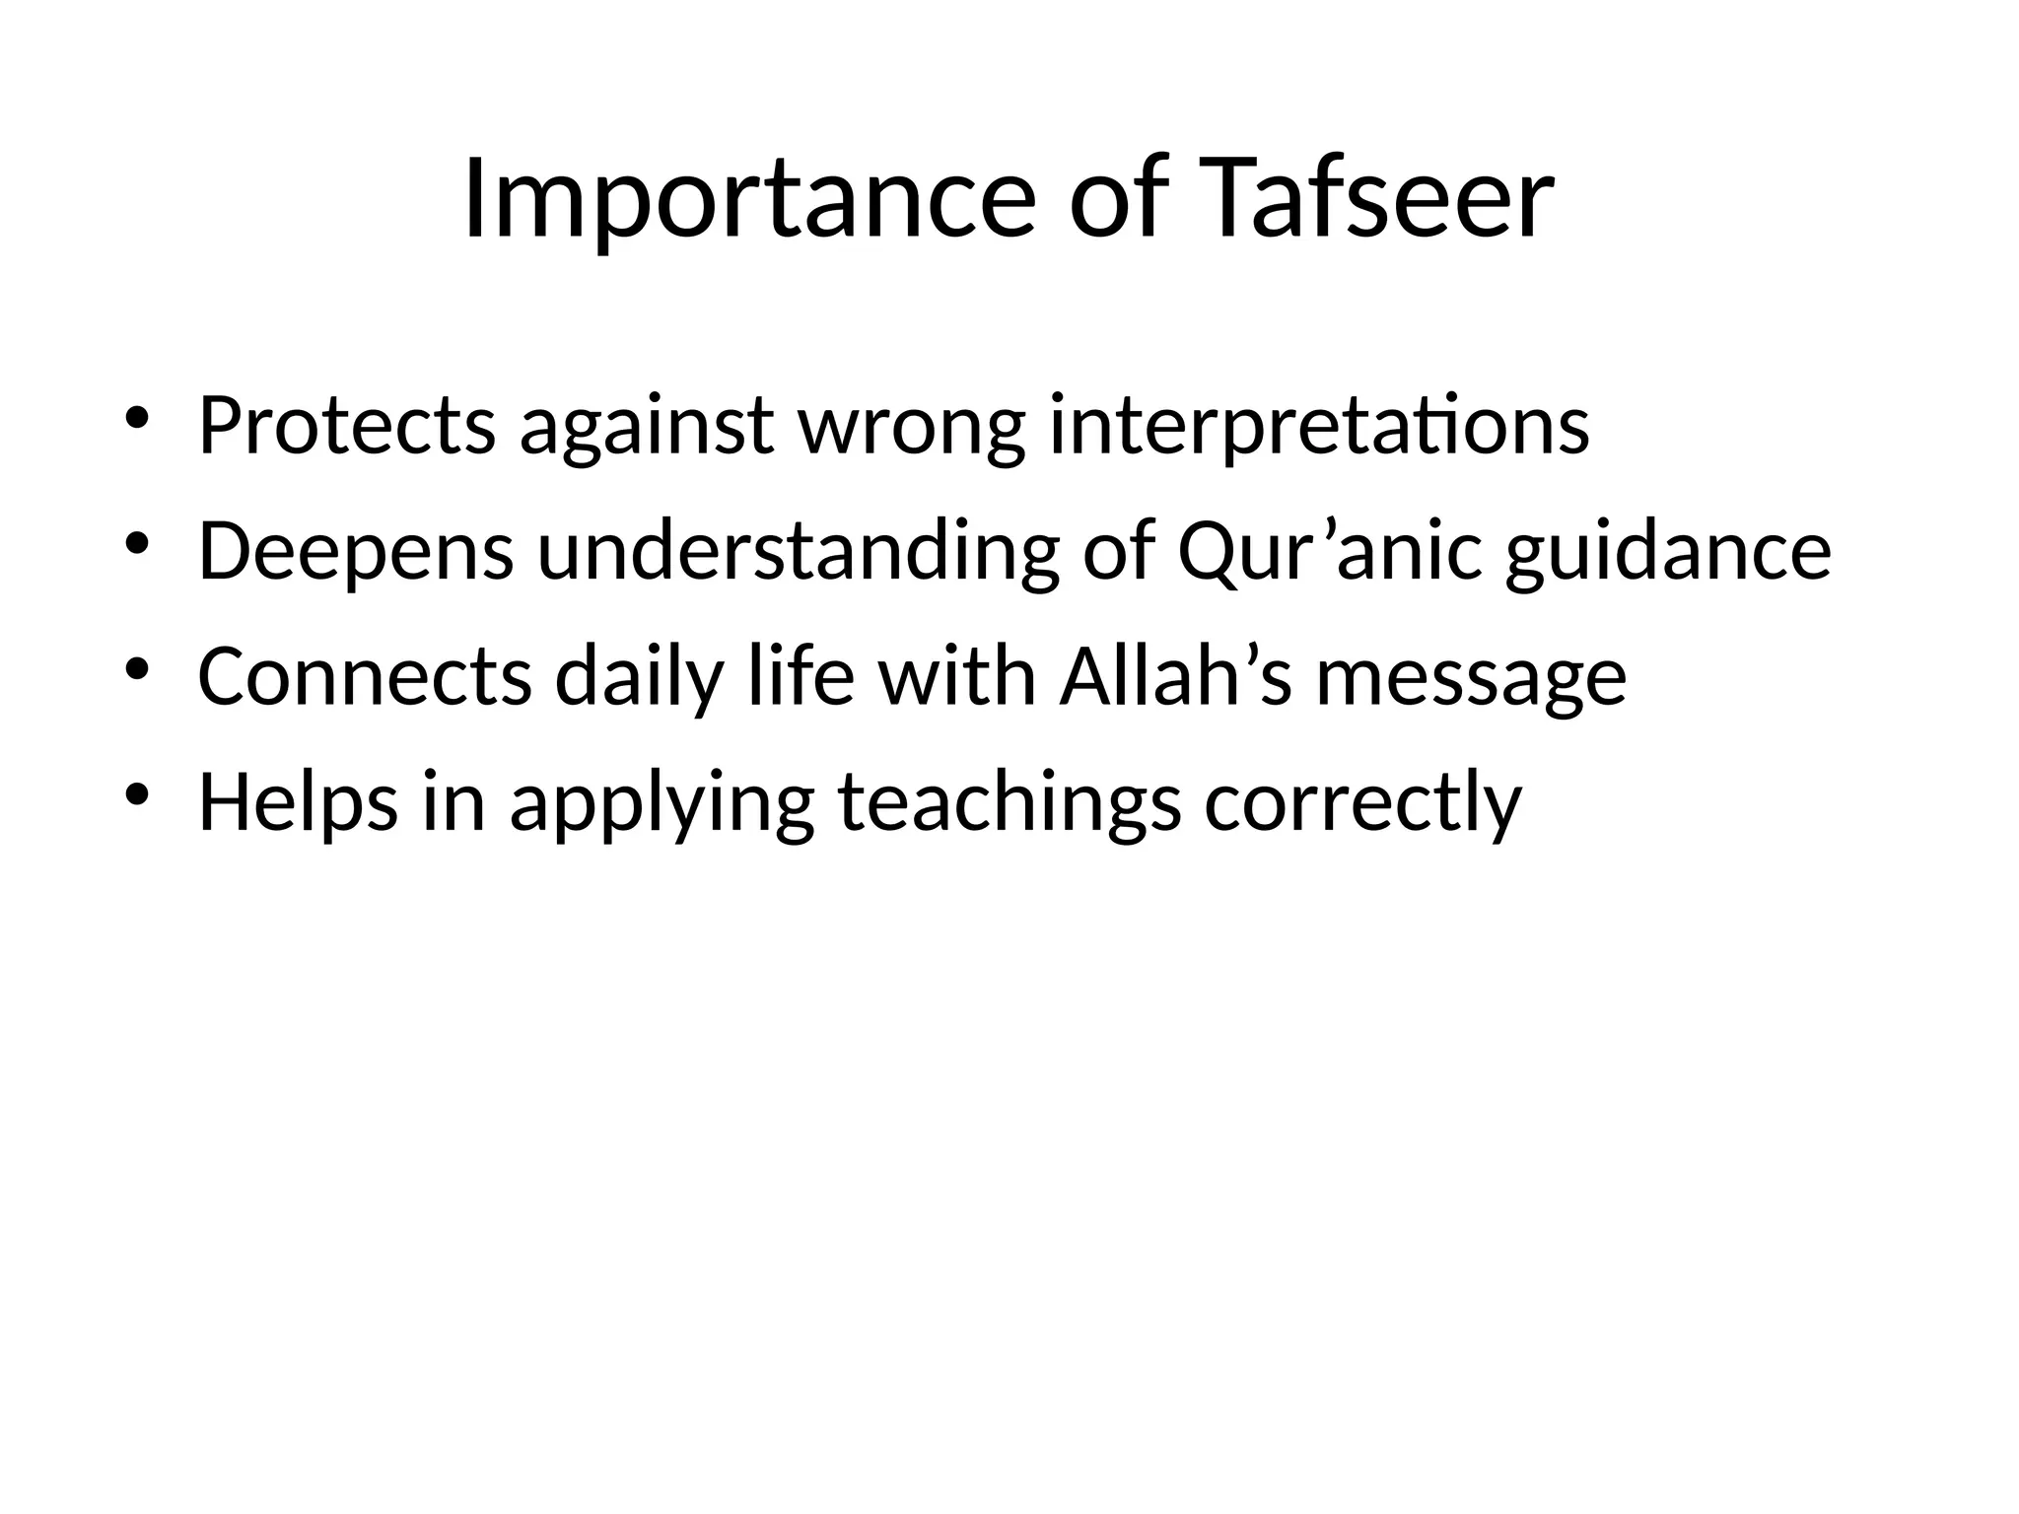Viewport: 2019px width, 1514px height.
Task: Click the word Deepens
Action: click(356, 553)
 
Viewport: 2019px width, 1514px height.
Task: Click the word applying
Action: click(661, 804)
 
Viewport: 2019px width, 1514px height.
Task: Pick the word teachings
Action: click(1009, 804)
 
